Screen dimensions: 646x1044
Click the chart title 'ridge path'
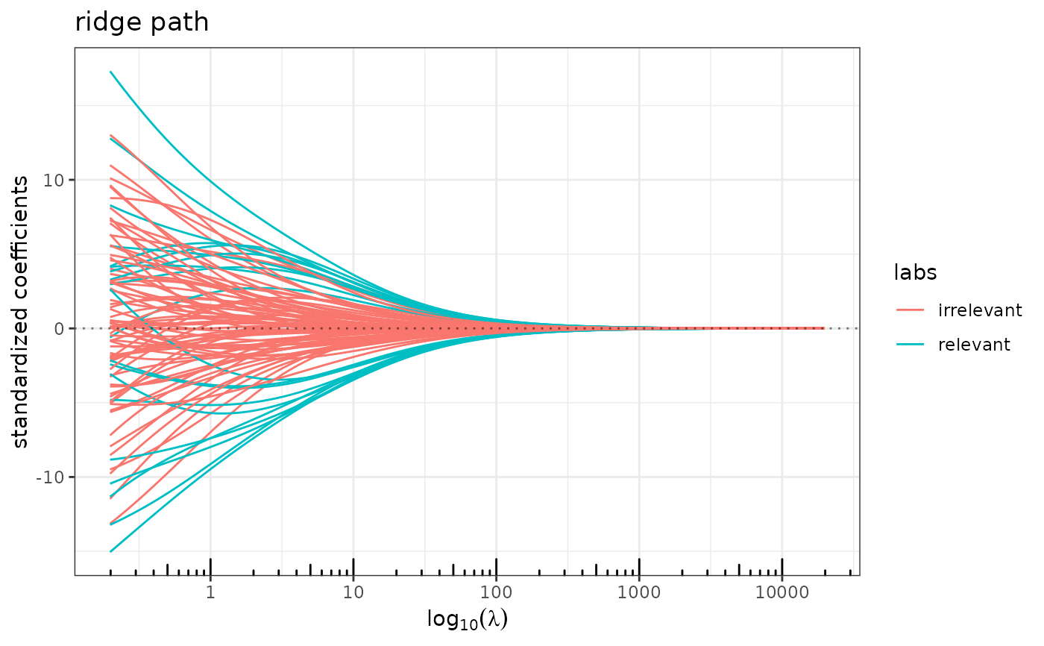[x=142, y=23]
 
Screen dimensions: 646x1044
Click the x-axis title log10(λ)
[x=468, y=619]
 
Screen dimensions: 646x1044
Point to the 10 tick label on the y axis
[x=56, y=180]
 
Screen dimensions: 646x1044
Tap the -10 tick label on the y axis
[x=53, y=477]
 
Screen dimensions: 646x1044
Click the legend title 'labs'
[x=915, y=274]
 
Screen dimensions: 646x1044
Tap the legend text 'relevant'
[x=975, y=344]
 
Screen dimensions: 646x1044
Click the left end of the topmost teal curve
[x=111, y=72]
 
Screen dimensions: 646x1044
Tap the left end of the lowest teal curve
[x=111, y=551]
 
